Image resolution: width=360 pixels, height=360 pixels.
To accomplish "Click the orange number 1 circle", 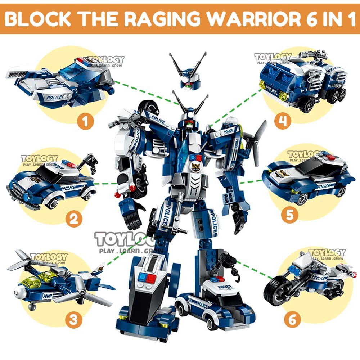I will click(85, 122).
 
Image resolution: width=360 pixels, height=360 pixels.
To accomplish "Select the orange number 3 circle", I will click(73, 320).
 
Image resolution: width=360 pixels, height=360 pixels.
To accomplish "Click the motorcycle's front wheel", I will click(276, 290).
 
